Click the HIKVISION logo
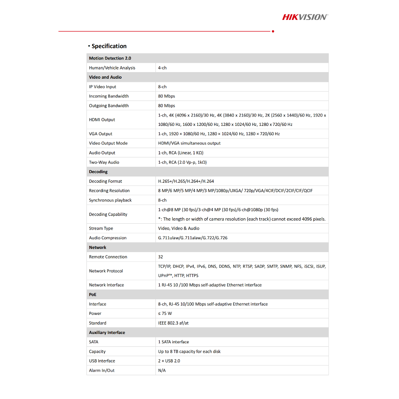305,17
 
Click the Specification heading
109,46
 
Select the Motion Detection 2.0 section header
110,58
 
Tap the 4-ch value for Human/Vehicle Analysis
162,68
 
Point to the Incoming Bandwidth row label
109,96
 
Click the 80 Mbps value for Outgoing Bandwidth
167,106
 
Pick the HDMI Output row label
102,120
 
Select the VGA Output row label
101,134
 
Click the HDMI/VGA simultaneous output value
189,143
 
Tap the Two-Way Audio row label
104,162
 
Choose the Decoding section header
98,171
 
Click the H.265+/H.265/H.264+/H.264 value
186,181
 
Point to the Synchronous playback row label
110,200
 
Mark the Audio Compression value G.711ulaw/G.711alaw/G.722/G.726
192,238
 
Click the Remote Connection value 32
161,257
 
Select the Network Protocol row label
106,271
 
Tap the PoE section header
93,295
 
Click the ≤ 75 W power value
165,313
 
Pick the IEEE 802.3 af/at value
173,323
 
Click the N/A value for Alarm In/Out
162,370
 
